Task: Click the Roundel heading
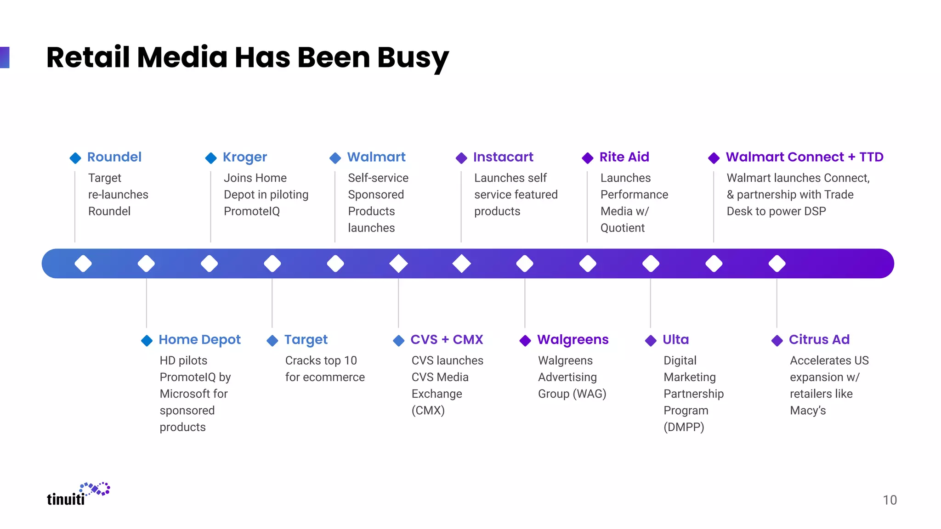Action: [114, 157]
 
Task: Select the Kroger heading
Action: [244, 157]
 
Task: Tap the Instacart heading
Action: [503, 157]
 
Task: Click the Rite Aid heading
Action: [624, 157]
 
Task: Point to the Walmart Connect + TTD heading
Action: [804, 157]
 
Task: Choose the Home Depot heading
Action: [199, 340]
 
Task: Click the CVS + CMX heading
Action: [447, 340]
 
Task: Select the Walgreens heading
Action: [573, 340]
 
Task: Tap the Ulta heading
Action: [675, 340]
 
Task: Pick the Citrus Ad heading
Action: [819, 340]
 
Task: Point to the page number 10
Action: [890, 500]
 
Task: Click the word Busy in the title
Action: [413, 58]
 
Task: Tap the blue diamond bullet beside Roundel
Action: [75, 158]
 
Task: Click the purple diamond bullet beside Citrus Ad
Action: [777, 341]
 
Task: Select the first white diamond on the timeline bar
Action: [83, 264]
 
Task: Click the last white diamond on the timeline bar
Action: [777, 264]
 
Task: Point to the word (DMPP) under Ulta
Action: [684, 427]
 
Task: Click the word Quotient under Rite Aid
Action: [622, 228]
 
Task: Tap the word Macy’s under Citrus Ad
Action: [807, 411]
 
